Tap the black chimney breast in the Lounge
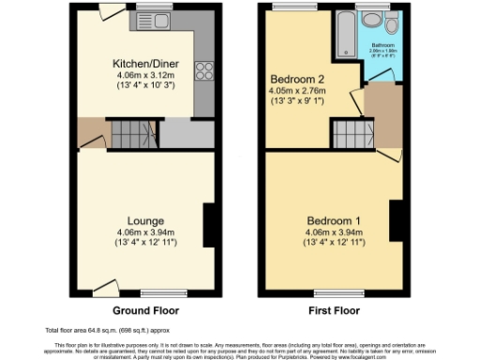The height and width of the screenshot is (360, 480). point(208,223)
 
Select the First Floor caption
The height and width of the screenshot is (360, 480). point(333,309)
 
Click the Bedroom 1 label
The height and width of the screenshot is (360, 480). point(333,220)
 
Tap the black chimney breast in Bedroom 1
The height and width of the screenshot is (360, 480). point(396,223)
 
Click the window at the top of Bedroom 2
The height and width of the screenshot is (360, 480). point(281,9)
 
